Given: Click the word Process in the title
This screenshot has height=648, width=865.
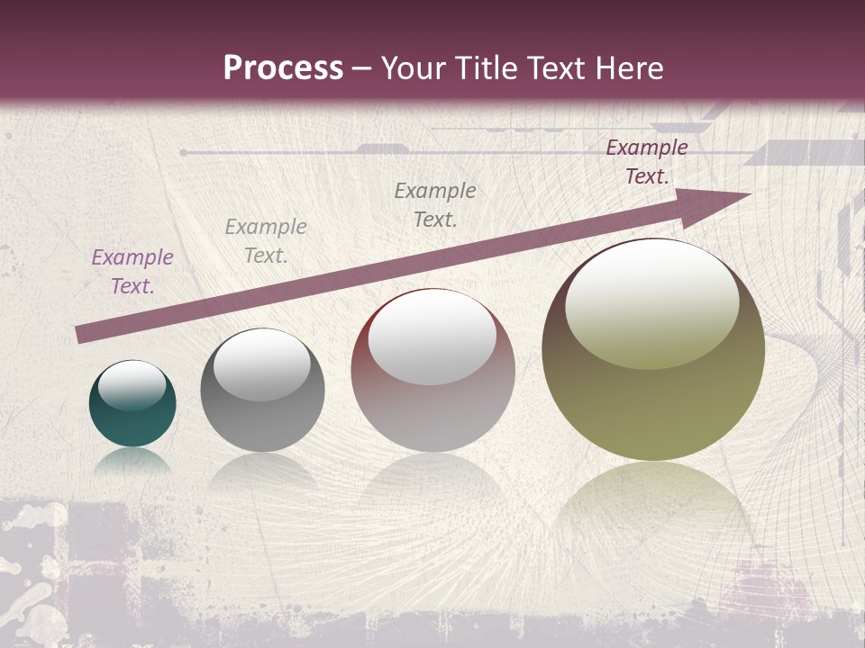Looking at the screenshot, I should [283, 68].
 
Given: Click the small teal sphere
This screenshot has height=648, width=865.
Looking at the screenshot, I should [132, 404].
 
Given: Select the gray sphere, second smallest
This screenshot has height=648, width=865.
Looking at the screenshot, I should [262, 391].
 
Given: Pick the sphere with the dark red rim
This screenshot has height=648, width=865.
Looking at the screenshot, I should [432, 370].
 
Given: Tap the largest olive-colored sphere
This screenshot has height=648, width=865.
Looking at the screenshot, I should [653, 350].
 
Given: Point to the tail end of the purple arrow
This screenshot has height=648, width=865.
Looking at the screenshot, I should [83, 335].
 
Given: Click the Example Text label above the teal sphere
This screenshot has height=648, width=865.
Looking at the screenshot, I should [132, 272].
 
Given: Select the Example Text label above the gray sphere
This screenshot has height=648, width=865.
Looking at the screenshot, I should [266, 241].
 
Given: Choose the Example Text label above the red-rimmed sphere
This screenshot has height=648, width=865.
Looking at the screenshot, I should [435, 205].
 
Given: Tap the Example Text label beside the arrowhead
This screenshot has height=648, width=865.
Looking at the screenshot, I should [647, 162].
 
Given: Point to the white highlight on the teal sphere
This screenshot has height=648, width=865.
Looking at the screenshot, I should [132, 385].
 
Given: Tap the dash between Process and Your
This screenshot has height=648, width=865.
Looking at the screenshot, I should [362, 69].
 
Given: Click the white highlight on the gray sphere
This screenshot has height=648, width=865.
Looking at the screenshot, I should [261, 364].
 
